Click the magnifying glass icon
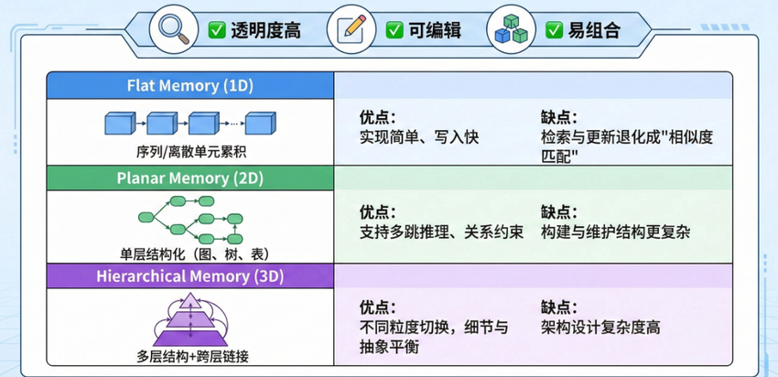coord(173,28)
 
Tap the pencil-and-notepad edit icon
coord(347,28)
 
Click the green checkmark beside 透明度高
coord(217,30)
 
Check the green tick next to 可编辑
coord(394,30)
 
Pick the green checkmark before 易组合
coord(555,30)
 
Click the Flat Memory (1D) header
coord(190,86)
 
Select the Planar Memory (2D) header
coord(190,177)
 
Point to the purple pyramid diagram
coord(189,316)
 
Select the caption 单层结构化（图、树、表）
coord(190,253)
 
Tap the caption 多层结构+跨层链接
coord(190,353)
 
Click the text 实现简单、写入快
coord(419,137)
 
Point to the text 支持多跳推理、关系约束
coord(441,232)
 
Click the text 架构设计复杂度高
coord(600,328)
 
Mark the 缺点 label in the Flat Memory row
coord(559,117)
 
